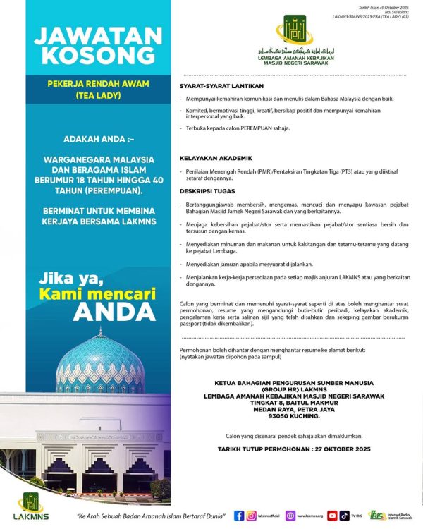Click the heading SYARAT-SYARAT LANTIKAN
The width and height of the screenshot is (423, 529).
pyautogui.click(x=219, y=85)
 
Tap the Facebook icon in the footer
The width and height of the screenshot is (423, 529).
pyautogui.click(x=240, y=516)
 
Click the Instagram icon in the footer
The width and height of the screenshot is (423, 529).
pyautogui.click(x=252, y=516)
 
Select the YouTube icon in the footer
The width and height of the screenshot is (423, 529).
pyautogui.click(x=331, y=516)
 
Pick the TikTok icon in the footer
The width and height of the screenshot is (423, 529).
pyautogui.click(x=344, y=516)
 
